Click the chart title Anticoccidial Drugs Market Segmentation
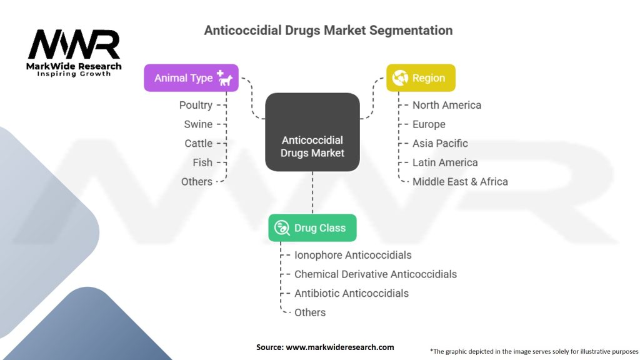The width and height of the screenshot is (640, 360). pyautogui.click(x=328, y=30)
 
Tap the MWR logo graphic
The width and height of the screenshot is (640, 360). pyautogui.click(x=74, y=44)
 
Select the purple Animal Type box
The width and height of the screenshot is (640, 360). pyautogui.click(x=191, y=77)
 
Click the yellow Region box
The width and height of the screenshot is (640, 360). pyautogui.click(x=421, y=77)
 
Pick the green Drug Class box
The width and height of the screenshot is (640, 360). pyautogui.click(x=312, y=227)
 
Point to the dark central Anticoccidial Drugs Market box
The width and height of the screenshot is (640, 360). pyautogui.click(x=312, y=132)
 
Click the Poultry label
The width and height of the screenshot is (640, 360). pyautogui.click(x=196, y=105)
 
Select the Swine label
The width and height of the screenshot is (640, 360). pyautogui.click(x=198, y=124)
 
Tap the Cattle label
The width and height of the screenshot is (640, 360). pyautogui.click(x=198, y=143)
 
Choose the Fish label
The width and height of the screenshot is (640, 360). pyautogui.click(x=202, y=162)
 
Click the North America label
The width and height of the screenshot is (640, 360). pyautogui.click(x=447, y=105)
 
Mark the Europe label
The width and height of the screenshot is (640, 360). pyautogui.click(x=429, y=124)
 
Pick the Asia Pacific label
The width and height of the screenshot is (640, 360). pyautogui.click(x=440, y=143)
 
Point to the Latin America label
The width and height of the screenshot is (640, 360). pyautogui.click(x=445, y=162)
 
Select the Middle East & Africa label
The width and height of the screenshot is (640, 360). pyautogui.click(x=460, y=182)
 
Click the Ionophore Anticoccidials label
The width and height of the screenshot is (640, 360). pyautogui.click(x=353, y=255)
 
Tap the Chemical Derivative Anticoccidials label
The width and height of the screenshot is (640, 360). pyautogui.click(x=376, y=274)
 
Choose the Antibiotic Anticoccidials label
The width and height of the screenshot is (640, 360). pyautogui.click(x=351, y=294)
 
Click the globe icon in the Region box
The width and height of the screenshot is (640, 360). pyautogui.click(x=399, y=77)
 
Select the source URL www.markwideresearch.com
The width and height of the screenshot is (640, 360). pyautogui.click(x=339, y=347)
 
